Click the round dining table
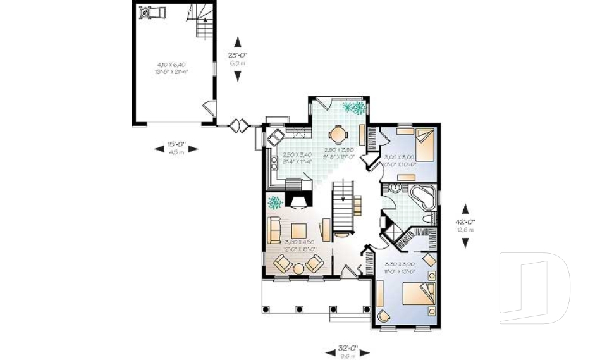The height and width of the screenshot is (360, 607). (x=339, y=134)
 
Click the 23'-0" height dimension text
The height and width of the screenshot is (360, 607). (x=238, y=54)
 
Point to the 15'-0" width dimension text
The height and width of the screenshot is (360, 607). (x=176, y=144)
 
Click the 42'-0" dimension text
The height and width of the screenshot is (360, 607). (x=465, y=221)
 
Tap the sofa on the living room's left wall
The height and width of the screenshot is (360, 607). (x=274, y=230)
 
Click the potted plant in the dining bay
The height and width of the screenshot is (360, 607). (x=353, y=108)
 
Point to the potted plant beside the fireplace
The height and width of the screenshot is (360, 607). (x=275, y=202)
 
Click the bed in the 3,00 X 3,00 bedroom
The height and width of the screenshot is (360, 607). (x=424, y=145)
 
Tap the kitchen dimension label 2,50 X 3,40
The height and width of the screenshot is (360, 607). (x=297, y=154)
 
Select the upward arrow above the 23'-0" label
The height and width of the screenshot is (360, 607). (x=238, y=40)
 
